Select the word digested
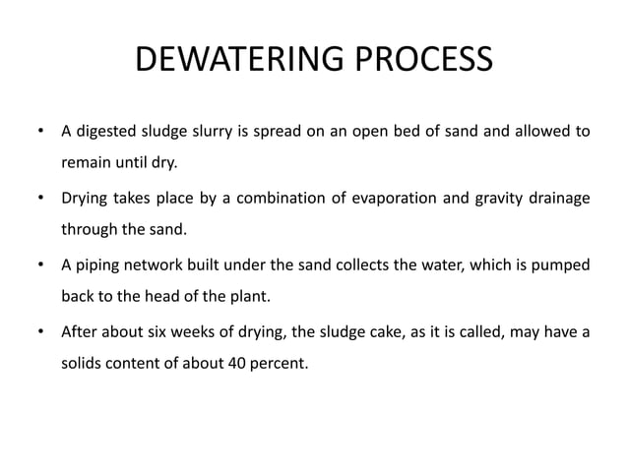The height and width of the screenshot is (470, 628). click(108, 131)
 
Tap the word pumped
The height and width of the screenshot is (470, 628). click(562, 265)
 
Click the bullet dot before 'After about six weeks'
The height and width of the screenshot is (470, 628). click(40, 332)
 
